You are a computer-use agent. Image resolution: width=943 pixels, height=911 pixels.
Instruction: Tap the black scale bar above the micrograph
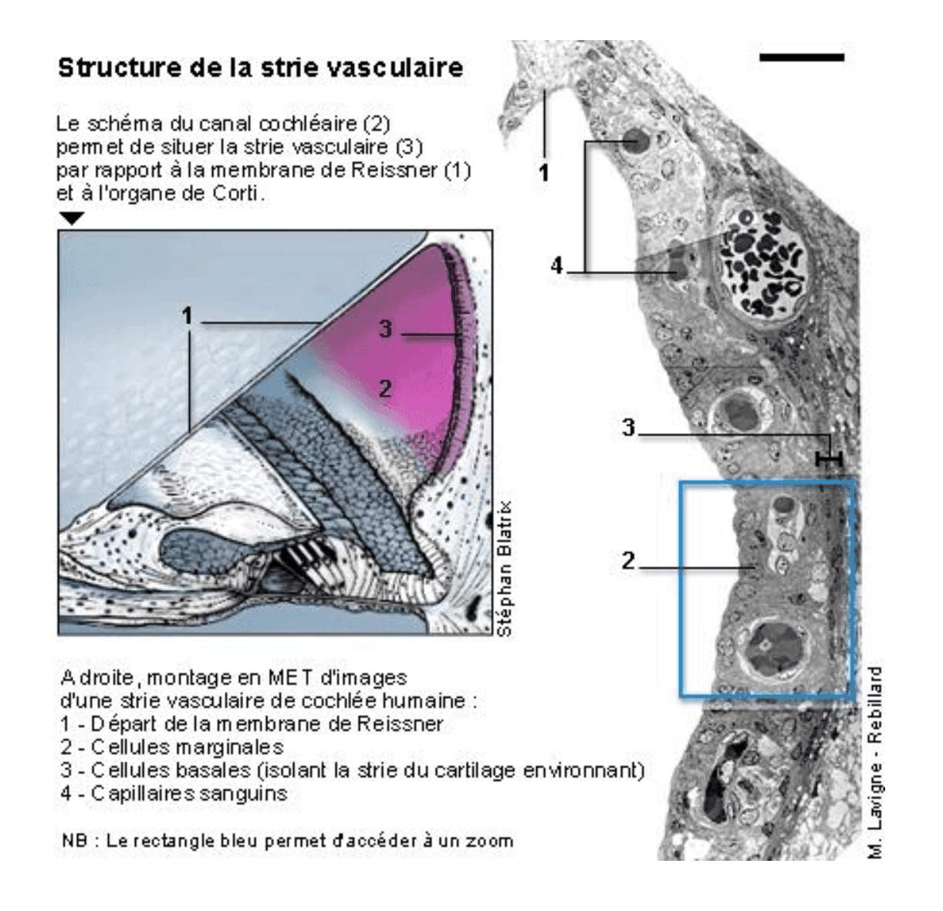tap(801, 57)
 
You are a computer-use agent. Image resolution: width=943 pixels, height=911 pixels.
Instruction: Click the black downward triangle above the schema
tap(72, 219)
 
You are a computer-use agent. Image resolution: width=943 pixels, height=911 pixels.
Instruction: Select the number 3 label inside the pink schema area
tap(385, 330)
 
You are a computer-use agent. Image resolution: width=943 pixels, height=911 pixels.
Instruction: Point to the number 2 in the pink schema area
tap(385, 388)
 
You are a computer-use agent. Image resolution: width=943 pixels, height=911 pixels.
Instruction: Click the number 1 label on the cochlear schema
tap(187, 315)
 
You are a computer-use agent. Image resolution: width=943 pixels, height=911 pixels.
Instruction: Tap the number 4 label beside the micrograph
tap(557, 266)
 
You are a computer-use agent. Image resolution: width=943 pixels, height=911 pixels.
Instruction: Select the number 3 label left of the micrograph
tap(629, 428)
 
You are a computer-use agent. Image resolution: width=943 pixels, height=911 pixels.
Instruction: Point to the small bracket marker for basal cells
tap(829, 459)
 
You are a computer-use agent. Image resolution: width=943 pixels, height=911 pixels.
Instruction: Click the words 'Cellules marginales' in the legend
tap(187, 747)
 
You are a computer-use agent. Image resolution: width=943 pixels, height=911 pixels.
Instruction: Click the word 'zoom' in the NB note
tap(491, 841)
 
